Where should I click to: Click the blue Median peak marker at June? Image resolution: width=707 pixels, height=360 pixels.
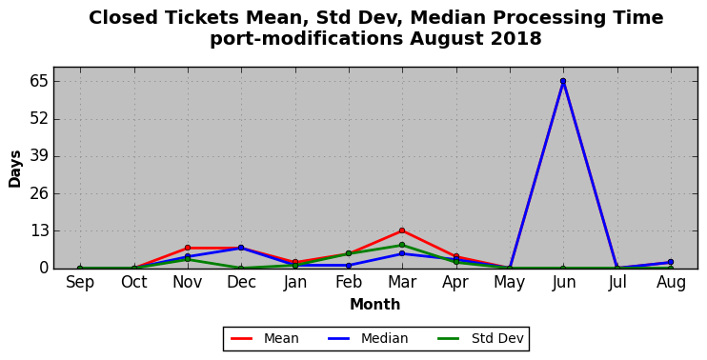pyautogui.click(x=563, y=81)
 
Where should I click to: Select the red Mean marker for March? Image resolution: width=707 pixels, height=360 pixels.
pyautogui.click(x=402, y=230)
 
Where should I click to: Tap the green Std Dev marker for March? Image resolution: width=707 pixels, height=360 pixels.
pyautogui.click(x=402, y=245)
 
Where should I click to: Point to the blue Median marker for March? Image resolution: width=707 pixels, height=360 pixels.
pyautogui.click(x=402, y=253)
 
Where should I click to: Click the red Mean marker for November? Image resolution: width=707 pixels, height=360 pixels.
pyautogui.click(x=188, y=248)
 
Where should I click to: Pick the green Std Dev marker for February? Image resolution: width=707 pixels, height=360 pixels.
pyautogui.click(x=349, y=253)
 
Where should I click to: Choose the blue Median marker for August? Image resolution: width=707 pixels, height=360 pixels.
pyautogui.click(x=671, y=262)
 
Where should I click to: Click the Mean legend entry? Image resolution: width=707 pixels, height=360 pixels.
pyautogui.click(x=265, y=338)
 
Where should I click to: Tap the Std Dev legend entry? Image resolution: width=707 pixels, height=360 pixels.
pyautogui.click(x=480, y=338)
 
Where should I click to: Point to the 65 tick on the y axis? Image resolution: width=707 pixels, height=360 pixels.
pyautogui.click(x=37, y=82)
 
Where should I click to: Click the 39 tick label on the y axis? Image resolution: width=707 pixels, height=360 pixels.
pyautogui.click(x=37, y=157)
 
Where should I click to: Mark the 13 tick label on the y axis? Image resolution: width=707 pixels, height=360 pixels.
pyautogui.click(x=37, y=231)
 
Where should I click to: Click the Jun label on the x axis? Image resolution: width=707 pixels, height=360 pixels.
pyautogui.click(x=563, y=283)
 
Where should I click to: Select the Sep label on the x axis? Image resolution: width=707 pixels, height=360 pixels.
pyautogui.click(x=80, y=283)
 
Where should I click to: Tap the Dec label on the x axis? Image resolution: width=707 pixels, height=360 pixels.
pyautogui.click(x=241, y=283)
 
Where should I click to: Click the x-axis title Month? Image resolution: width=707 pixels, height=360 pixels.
pyautogui.click(x=375, y=305)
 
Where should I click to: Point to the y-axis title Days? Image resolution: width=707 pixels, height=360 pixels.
pyautogui.click(x=15, y=169)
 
